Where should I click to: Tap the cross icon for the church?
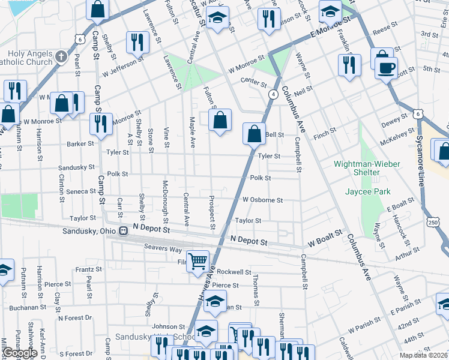click(60, 57)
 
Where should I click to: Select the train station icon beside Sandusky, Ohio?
click(123, 230)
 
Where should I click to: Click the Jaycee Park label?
click(367, 192)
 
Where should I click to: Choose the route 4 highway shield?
click(273, 94)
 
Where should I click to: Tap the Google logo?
click(19, 353)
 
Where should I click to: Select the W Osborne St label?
click(262, 200)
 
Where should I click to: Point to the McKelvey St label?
click(396, 138)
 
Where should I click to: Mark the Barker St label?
click(80, 144)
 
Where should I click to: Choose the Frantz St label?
click(88, 270)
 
